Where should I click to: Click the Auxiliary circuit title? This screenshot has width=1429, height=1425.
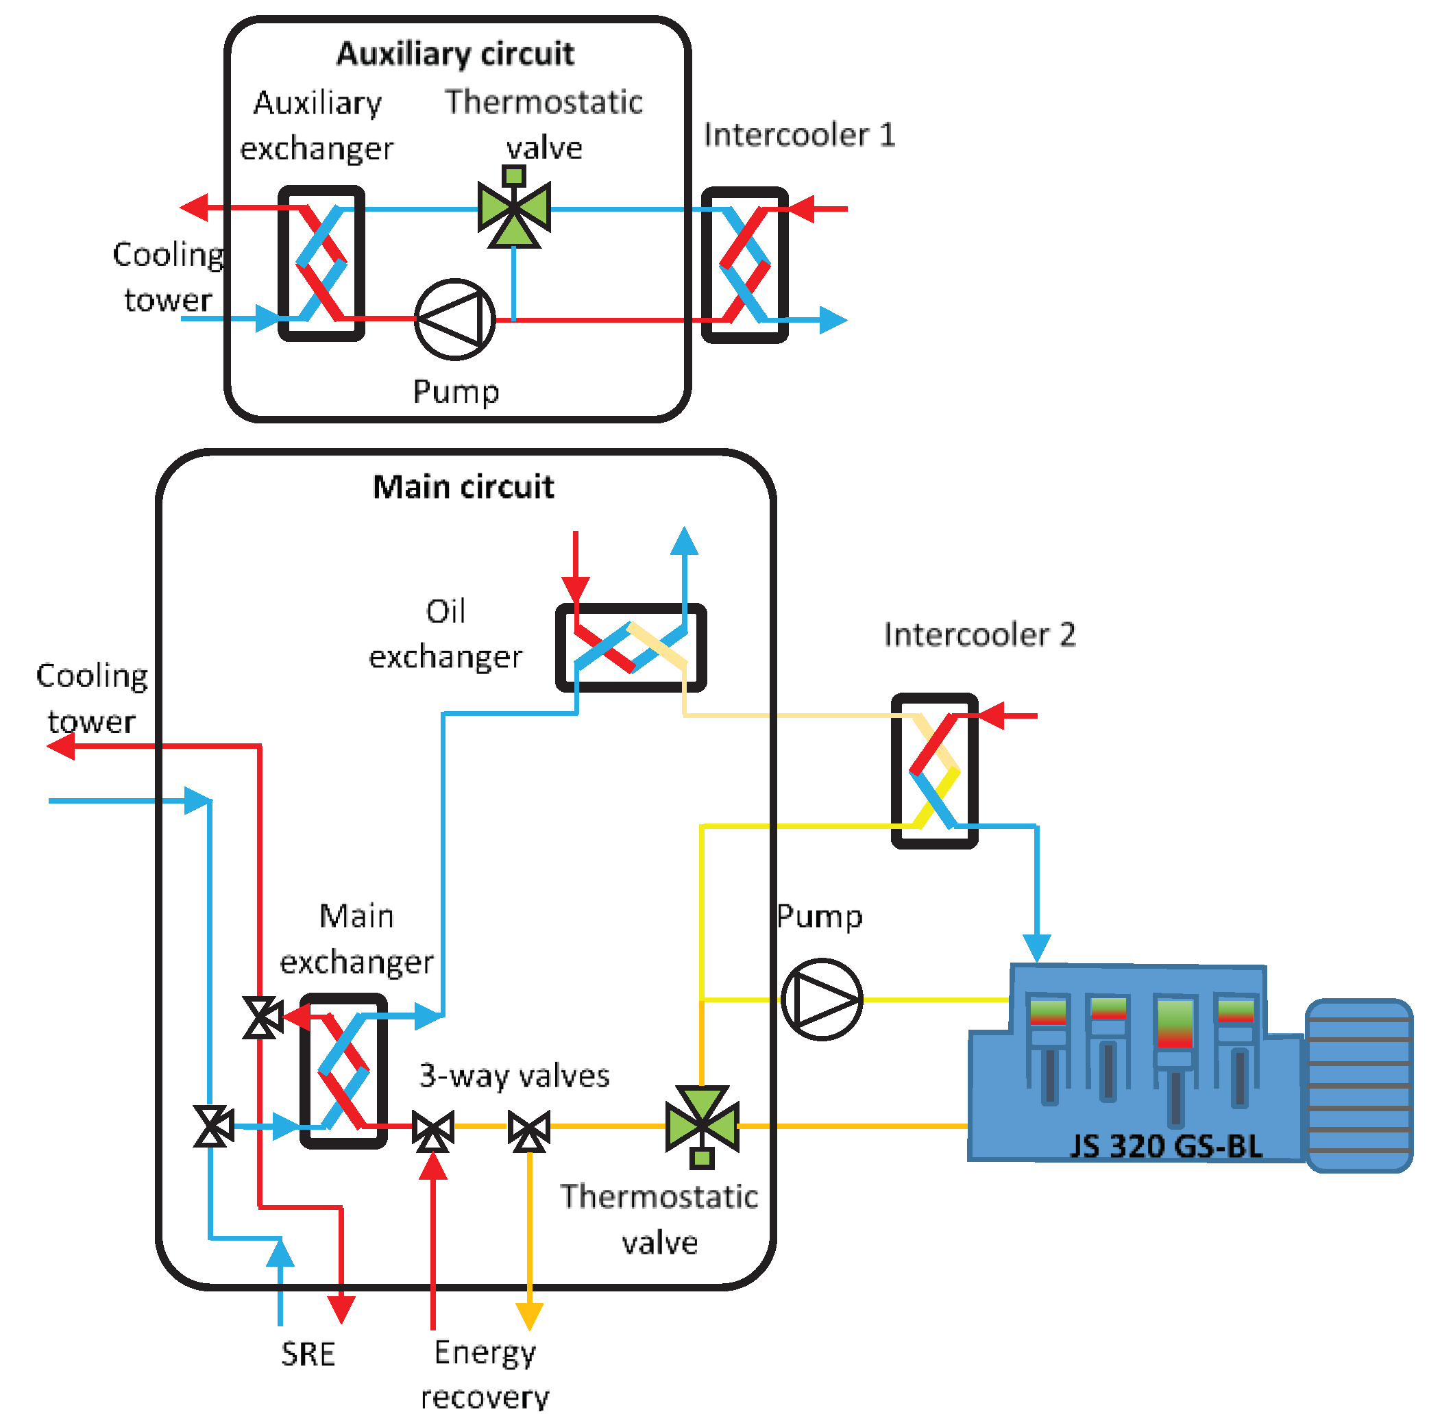[455, 54]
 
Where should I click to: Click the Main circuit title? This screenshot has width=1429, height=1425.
[463, 487]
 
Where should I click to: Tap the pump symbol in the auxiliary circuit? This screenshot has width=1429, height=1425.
[455, 319]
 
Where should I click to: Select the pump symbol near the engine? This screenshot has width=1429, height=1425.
[821, 1000]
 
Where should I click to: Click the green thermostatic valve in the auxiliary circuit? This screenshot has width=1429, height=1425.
[514, 211]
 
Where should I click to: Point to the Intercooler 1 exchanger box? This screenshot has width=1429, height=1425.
[745, 264]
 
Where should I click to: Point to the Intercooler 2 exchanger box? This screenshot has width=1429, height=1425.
[934, 771]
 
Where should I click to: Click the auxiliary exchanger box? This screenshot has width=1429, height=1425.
[321, 263]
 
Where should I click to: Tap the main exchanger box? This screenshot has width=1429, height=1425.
[343, 1071]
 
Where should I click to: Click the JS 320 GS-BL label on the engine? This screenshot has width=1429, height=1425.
[1166, 1146]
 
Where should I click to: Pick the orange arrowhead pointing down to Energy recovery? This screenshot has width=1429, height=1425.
[530, 1315]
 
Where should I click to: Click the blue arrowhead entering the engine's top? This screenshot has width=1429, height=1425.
[1037, 947]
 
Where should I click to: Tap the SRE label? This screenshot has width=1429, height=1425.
[308, 1354]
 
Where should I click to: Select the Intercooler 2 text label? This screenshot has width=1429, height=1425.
[979, 634]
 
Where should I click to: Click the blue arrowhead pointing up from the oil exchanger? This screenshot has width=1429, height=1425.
[684, 541]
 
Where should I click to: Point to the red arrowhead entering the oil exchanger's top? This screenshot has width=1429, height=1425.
[576, 589]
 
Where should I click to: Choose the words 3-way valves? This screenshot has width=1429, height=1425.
[514, 1076]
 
